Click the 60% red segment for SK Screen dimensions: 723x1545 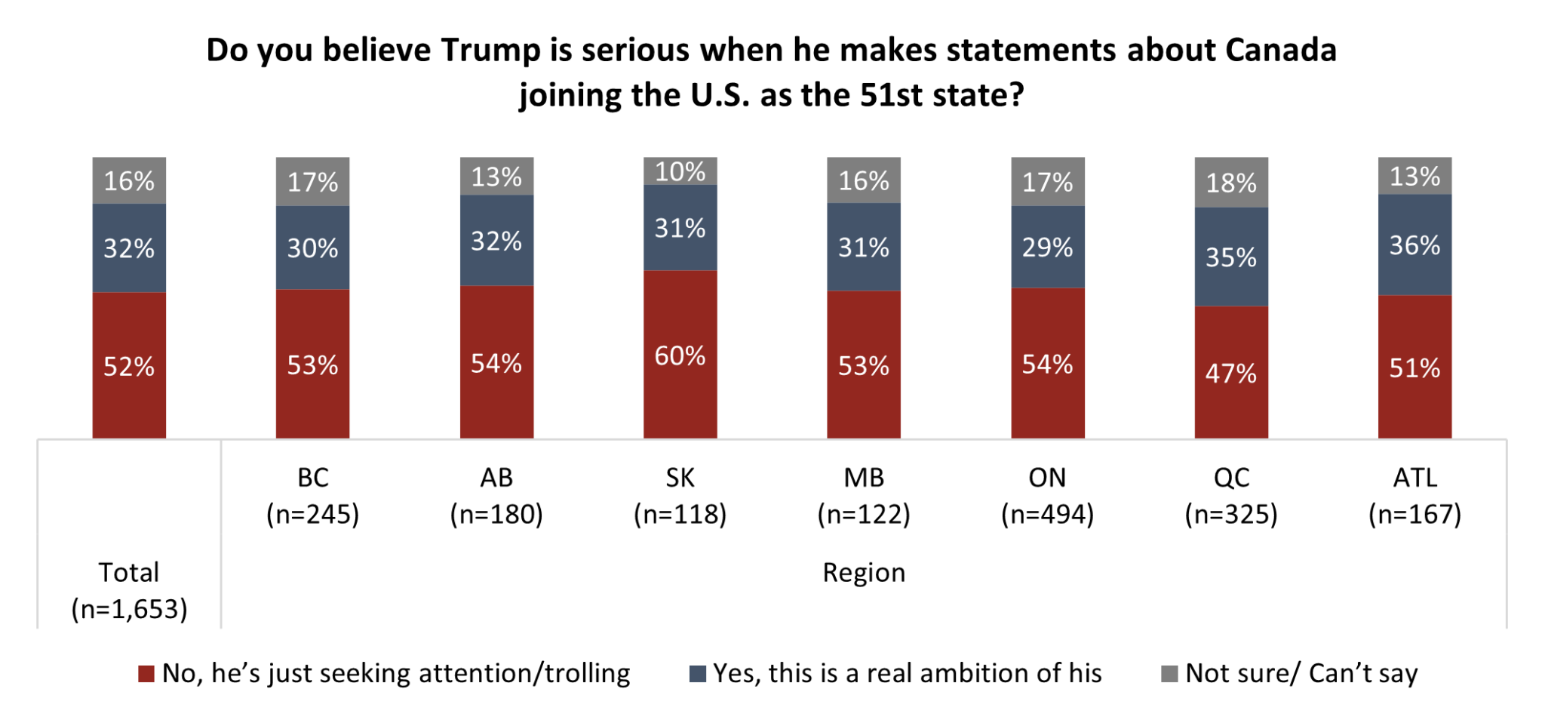click(680, 355)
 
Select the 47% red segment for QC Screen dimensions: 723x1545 click(1231, 372)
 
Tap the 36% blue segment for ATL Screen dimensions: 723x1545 click(1414, 245)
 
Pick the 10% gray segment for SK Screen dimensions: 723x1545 click(680, 171)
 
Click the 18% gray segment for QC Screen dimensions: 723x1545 click(1231, 183)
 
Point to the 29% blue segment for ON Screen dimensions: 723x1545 click(1047, 247)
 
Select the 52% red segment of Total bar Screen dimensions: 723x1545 click(129, 366)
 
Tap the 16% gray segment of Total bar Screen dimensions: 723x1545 click(129, 180)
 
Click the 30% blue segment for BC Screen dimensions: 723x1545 click(312, 248)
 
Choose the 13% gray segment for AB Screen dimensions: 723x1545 click(496, 177)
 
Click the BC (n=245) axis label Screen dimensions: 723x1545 click(312, 496)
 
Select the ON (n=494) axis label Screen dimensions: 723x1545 click(1047, 496)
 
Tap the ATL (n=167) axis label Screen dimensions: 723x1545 click(1414, 496)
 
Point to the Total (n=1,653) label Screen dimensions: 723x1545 click(129, 590)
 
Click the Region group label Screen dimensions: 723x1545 click(863, 573)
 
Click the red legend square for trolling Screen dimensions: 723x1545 click(146, 674)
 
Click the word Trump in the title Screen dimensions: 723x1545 click(490, 51)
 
